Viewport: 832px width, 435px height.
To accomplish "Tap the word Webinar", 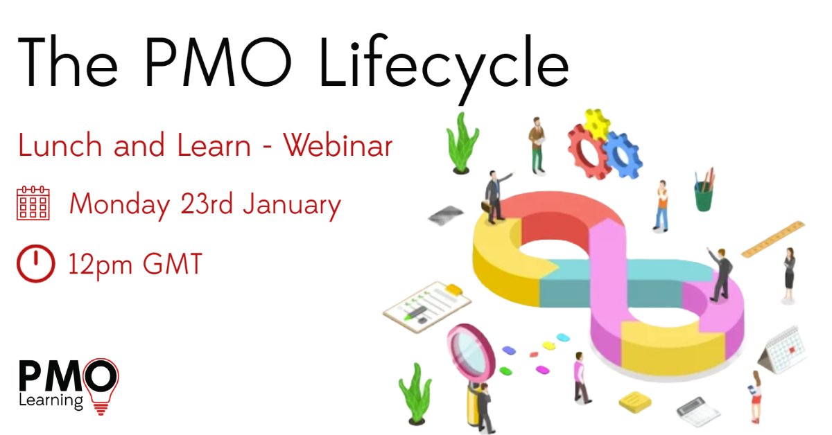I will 338,146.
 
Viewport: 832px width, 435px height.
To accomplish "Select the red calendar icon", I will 33,203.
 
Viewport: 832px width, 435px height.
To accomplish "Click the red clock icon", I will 35,264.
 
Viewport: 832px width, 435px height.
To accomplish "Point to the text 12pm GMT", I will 135,265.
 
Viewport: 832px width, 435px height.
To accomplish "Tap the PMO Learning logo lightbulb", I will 101,385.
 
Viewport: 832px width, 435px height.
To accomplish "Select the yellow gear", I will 596,123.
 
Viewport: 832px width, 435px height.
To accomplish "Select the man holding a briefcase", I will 494,197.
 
